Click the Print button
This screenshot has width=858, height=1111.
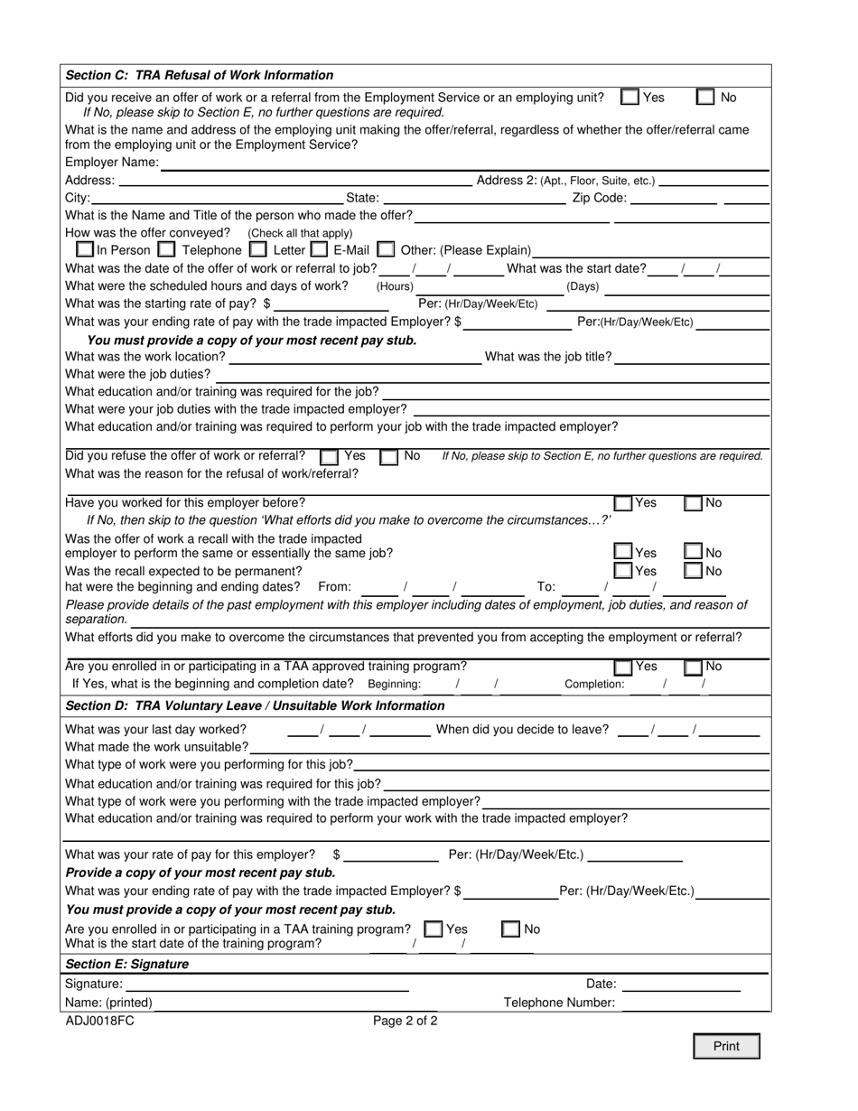(x=726, y=1046)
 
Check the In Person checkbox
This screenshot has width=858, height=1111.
(x=85, y=249)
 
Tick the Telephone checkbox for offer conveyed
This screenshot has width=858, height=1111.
(x=166, y=249)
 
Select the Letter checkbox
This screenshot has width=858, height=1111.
(x=257, y=249)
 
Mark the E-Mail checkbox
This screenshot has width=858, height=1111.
(x=319, y=249)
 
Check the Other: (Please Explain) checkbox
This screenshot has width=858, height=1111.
(x=386, y=249)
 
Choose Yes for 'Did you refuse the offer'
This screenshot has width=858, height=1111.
(x=330, y=457)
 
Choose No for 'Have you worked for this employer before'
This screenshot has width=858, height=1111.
(x=693, y=504)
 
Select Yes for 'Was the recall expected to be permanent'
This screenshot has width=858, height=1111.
(x=623, y=571)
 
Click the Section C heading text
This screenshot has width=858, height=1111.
(x=200, y=75)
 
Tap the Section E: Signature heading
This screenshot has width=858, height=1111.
(x=127, y=964)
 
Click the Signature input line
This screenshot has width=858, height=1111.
(x=266, y=985)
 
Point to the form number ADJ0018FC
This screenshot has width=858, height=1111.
(x=99, y=1022)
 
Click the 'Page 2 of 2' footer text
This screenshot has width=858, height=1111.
(x=406, y=1022)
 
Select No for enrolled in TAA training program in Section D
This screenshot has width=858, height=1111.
(x=510, y=929)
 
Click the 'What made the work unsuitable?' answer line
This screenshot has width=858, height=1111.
(x=509, y=747)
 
